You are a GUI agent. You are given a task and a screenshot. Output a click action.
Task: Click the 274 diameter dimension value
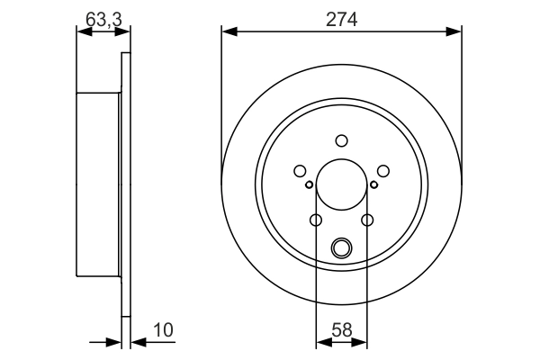click(x=342, y=18)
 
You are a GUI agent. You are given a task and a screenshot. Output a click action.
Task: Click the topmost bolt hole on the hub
click(x=341, y=140)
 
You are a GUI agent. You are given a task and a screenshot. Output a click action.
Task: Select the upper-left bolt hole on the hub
click(x=300, y=171)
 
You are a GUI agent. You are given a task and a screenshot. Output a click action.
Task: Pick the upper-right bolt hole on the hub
click(x=382, y=171)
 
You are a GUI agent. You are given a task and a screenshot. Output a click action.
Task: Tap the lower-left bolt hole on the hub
click(x=316, y=220)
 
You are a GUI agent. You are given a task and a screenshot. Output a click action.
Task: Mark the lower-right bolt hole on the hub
click(x=366, y=220)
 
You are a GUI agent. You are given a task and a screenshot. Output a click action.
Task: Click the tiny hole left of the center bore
click(x=309, y=185)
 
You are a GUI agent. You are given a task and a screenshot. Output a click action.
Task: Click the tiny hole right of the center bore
click(x=373, y=185)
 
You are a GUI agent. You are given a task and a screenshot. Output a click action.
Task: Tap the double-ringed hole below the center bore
click(x=341, y=247)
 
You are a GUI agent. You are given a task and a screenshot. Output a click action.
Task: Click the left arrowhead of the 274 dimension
click(x=227, y=32)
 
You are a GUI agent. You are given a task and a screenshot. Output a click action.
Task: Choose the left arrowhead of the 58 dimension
click(x=320, y=342)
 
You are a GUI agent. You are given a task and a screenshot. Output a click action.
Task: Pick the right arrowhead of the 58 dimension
click(x=362, y=342)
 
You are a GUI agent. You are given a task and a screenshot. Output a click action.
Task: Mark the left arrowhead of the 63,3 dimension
click(x=82, y=32)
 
